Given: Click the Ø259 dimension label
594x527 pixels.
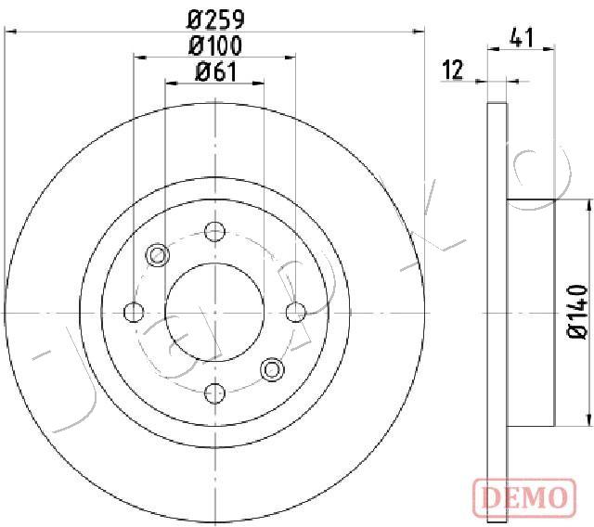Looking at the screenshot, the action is (x=215, y=19).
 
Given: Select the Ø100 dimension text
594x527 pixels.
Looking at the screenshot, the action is (x=215, y=45).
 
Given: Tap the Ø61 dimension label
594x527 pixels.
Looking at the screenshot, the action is (x=215, y=72).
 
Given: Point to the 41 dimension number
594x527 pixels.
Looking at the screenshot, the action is (x=522, y=37).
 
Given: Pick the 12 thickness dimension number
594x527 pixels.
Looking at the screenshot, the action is (x=453, y=70).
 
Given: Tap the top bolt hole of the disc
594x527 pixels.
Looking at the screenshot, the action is (x=214, y=232).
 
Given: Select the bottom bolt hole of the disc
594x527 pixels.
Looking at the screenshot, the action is (x=214, y=393).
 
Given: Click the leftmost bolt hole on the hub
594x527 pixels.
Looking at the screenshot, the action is (x=134, y=313).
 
